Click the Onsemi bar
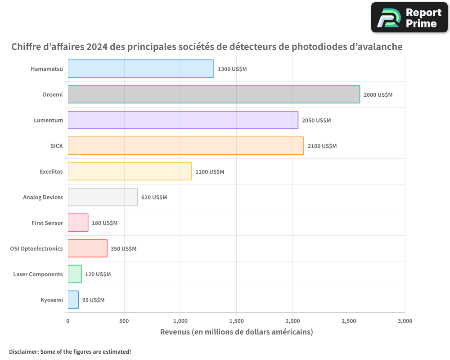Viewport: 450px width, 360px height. (x=214, y=94)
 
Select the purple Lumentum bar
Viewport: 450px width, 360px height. (x=183, y=120)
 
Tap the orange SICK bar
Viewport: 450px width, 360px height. (x=185, y=146)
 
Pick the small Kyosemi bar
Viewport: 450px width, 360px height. (x=73, y=300)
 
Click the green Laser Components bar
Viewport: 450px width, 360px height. (x=75, y=274)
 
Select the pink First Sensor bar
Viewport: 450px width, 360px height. (x=78, y=223)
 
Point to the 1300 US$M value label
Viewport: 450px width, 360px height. (x=232, y=69)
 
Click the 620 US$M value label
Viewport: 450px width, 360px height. (x=154, y=198)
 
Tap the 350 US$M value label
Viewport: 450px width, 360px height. (x=123, y=249)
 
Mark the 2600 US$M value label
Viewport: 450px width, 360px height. (x=378, y=95)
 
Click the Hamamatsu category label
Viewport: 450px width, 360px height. (x=47, y=69)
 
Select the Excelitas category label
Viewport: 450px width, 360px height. (x=51, y=171)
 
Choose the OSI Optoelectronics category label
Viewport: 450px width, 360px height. (x=36, y=248)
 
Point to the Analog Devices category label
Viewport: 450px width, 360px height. (x=43, y=197)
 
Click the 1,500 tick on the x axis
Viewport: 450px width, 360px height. (x=236, y=321)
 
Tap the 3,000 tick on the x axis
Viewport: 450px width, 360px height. (x=405, y=321)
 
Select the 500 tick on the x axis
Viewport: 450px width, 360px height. (x=124, y=321)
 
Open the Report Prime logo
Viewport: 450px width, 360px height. (x=409, y=18)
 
